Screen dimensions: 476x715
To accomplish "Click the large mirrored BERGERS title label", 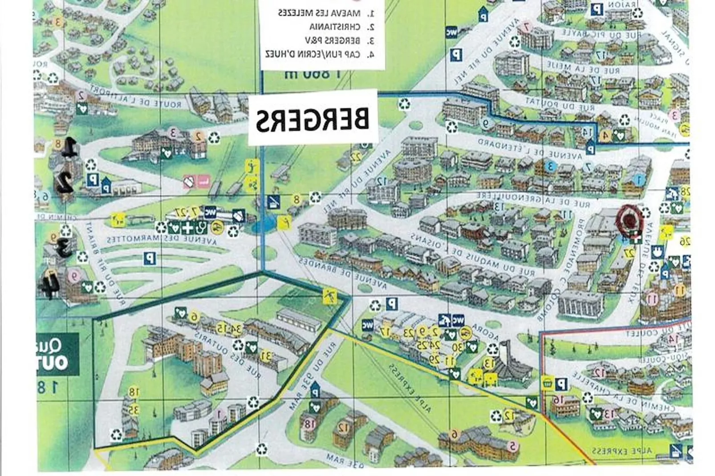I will click(312, 119).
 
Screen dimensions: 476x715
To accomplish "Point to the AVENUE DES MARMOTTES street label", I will click(162, 239).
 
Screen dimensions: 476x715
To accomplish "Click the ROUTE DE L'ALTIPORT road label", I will click(136, 98).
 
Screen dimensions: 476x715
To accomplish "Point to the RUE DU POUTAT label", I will click(559, 104).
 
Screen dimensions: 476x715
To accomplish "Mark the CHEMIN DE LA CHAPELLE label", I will click(623, 391).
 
